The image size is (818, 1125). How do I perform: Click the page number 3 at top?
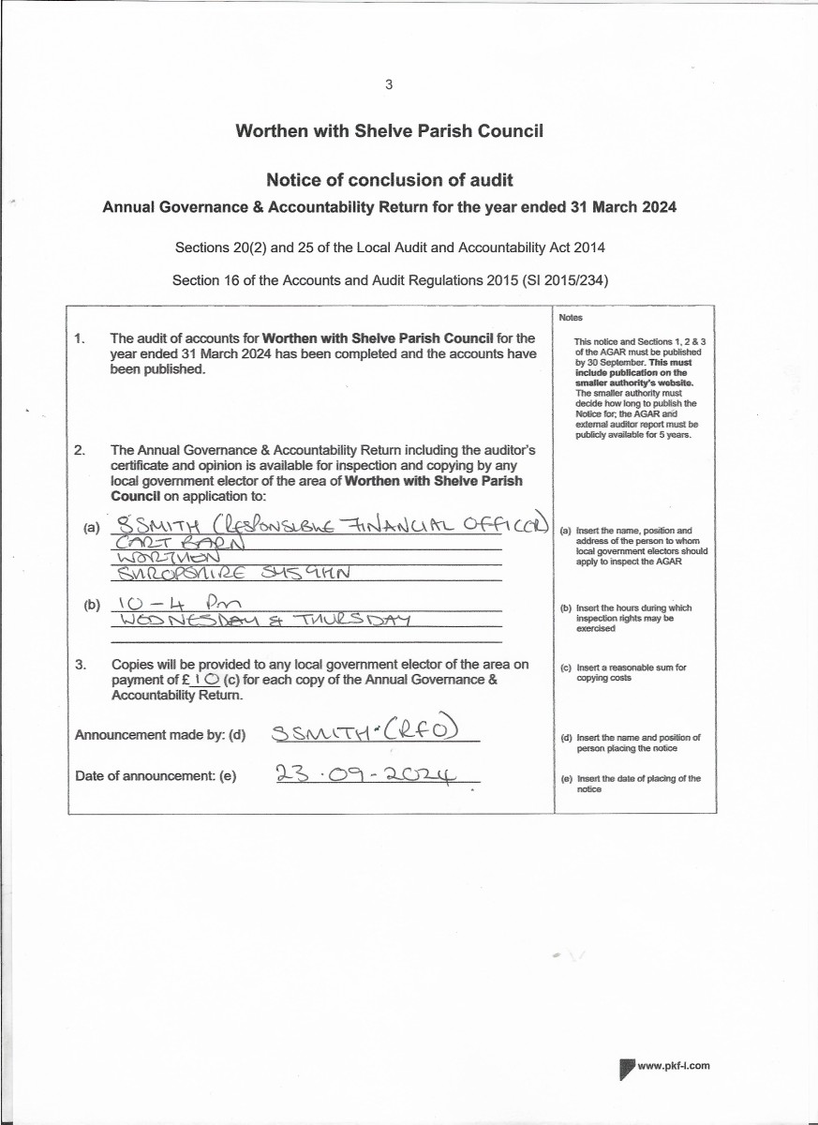click(x=389, y=84)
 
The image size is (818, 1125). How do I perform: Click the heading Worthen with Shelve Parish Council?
click(x=389, y=131)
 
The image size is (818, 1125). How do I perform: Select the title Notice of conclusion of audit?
click(x=389, y=180)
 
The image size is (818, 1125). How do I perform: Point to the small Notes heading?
click(x=571, y=318)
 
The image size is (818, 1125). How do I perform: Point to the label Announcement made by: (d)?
click(x=160, y=735)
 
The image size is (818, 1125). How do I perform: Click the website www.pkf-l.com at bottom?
click(x=674, y=1066)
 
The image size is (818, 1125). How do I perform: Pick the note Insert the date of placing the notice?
click(x=638, y=784)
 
